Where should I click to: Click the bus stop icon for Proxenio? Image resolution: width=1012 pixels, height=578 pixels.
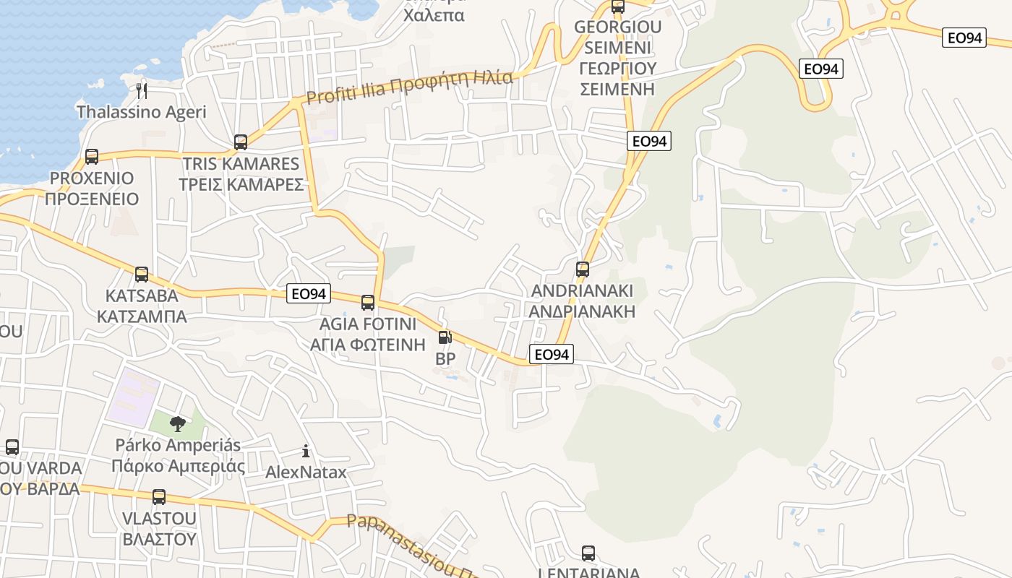point(92,156)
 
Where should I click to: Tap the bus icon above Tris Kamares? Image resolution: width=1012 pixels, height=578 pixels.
point(241,142)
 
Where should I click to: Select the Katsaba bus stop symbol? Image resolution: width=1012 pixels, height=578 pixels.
point(142,275)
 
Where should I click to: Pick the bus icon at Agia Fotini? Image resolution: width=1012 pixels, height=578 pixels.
point(368,302)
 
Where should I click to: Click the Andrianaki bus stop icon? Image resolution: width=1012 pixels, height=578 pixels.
point(583,269)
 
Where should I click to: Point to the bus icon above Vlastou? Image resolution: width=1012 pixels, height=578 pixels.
point(159,497)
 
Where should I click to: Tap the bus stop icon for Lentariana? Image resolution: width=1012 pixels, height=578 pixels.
point(588,553)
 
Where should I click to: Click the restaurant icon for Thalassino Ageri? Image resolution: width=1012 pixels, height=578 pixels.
point(142,90)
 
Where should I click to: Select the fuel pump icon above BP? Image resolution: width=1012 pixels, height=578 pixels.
point(445,337)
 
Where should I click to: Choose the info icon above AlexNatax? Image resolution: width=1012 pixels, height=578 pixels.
point(306,452)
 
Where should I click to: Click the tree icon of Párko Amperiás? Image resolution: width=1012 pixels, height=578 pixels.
point(177,423)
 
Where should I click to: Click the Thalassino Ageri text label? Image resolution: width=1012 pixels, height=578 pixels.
point(142,112)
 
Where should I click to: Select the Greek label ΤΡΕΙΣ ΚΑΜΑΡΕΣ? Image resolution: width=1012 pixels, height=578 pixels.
point(241,184)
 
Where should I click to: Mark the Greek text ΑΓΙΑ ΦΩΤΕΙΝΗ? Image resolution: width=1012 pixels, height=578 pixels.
point(368,344)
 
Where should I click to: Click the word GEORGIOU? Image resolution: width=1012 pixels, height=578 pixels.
point(617,28)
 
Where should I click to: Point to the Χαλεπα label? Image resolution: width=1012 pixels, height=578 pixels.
point(434,14)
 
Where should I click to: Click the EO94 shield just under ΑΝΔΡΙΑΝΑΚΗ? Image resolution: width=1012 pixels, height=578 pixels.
point(552,354)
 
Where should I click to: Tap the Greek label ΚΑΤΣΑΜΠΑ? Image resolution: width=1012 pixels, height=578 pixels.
point(142,316)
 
